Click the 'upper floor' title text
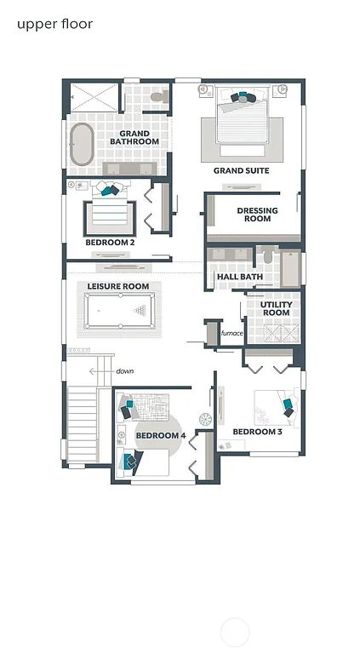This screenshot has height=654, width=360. (x=54, y=24)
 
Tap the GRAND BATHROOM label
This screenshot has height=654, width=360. (x=134, y=137)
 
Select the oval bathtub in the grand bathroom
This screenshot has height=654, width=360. (x=82, y=146)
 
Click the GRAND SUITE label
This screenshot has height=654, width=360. (x=241, y=171)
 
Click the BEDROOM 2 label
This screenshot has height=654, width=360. (x=110, y=243)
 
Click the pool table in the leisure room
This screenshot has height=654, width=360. (x=119, y=311)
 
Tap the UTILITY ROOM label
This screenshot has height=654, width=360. (x=276, y=308)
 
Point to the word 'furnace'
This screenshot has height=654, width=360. (x=232, y=333)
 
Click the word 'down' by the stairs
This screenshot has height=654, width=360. (x=125, y=371)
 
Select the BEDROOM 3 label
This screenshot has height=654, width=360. (x=257, y=432)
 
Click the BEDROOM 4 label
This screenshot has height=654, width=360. (x=160, y=436)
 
